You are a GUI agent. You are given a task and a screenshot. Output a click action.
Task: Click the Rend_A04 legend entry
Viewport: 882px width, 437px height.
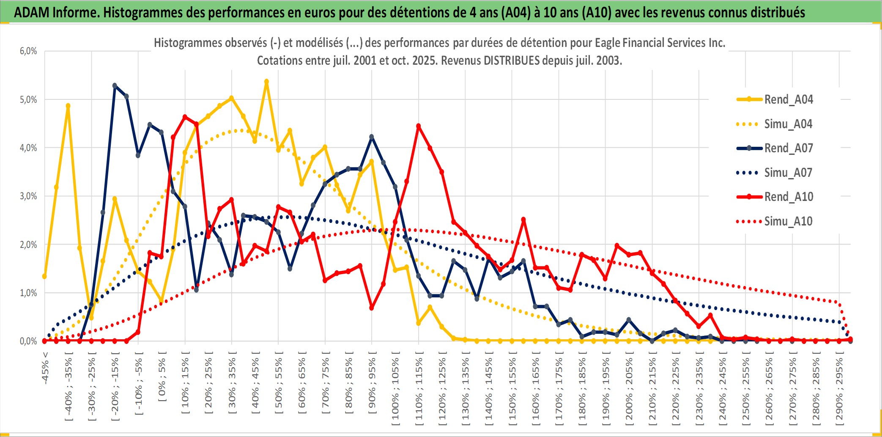coord(788,99)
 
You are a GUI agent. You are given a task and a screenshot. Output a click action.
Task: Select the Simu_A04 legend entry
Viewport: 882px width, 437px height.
coord(788,124)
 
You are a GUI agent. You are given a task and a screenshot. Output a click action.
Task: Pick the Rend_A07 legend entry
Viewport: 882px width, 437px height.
coord(788,148)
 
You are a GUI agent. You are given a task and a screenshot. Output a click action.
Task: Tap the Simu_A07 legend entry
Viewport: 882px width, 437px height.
coord(788,173)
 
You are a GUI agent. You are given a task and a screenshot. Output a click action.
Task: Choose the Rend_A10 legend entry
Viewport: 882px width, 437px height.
coord(788,197)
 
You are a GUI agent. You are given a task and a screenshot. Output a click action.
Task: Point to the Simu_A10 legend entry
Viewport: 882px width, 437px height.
coord(788,221)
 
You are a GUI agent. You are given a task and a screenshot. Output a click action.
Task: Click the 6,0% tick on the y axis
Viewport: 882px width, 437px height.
coord(28,51)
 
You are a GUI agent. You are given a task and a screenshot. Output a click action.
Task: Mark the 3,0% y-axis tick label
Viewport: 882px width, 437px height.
coord(28,196)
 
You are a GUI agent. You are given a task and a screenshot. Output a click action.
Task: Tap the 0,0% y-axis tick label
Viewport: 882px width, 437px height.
coord(28,341)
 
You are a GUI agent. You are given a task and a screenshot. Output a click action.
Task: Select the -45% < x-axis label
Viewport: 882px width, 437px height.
coord(45,368)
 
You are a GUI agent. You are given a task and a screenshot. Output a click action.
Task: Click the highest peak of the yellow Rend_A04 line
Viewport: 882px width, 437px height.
coord(266,81)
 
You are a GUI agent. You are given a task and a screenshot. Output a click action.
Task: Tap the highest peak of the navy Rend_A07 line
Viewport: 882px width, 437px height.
coord(115,85)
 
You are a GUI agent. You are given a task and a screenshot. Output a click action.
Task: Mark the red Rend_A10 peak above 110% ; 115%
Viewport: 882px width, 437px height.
coord(419,126)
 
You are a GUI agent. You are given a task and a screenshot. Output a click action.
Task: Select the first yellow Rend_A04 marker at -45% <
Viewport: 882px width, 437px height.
coord(44,276)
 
